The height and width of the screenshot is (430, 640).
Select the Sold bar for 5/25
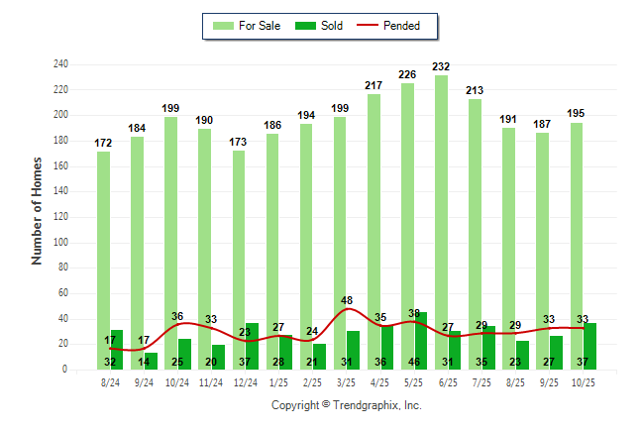click(x=421, y=341)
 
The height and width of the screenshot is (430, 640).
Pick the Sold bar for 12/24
click(x=253, y=346)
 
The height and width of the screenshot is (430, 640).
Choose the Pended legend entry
click(x=396, y=26)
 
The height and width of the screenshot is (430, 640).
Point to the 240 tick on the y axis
click(x=60, y=64)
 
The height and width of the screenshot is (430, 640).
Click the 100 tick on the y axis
click(x=60, y=243)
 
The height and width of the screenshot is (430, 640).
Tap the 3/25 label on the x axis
click(x=347, y=381)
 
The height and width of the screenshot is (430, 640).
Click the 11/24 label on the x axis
click(x=210, y=381)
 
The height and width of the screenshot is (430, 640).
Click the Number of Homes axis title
click(x=38, y=210)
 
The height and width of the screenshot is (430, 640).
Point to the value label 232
click(x=441, y=66)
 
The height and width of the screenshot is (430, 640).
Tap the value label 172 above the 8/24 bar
click(x=103, y=143)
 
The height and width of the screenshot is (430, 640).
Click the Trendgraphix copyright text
click(x=347, y=405)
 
